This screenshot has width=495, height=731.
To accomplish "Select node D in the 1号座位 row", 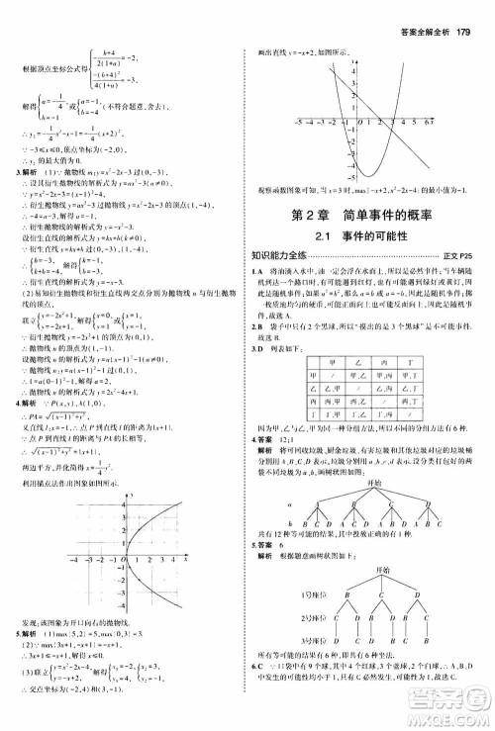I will tap(416, 598).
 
